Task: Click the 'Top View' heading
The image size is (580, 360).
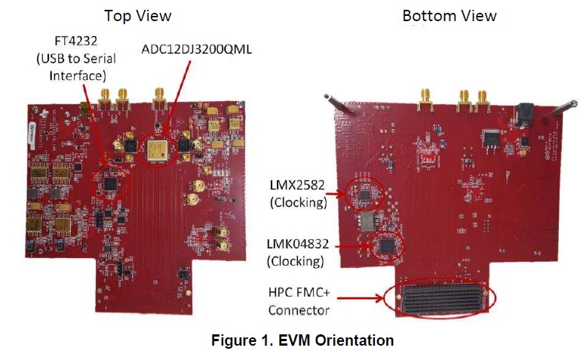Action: pos(137,15)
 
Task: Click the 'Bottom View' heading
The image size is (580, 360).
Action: pos(450,15)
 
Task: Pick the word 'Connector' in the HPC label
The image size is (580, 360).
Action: pos(300,309)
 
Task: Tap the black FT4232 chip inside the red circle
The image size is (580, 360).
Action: pos(111,182)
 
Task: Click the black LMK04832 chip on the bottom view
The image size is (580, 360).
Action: pos(388,246)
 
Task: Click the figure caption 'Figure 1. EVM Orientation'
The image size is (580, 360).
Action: pos(301,340)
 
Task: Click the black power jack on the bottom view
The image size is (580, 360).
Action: pos(523,114)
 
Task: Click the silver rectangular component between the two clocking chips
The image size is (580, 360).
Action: pos(368,221)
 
